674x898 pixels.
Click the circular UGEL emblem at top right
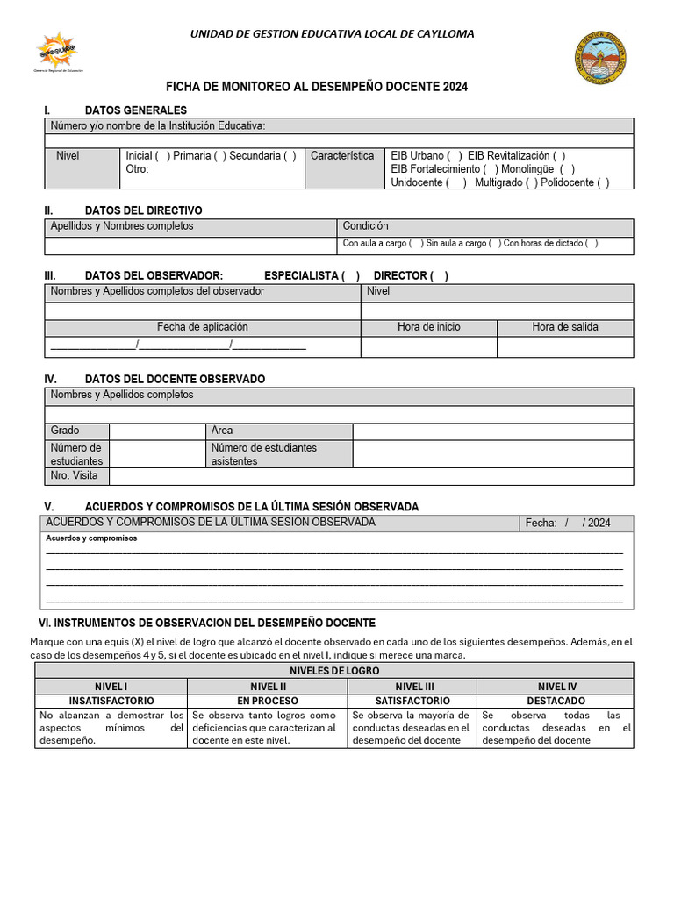pyautogui.click(x=601, y=57)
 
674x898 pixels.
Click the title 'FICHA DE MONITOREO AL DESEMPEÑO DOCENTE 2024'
pyautogui.click(x=317, y=87)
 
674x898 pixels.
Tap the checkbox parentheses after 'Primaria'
pyautogui.click(x=219, y=156)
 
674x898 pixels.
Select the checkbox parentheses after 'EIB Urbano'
pyautogui.click(x=455, y=156)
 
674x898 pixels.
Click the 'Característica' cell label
pyautogui.click(x=342, y=156)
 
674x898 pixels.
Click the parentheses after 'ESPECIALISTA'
pyautogui.click(x=351, y=276)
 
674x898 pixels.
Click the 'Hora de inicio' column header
pyautogui.click(x=428, y=327)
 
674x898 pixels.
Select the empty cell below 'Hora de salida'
pyautogui.click(x=564, y=346)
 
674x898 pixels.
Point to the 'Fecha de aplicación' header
pyautogui.click(x=202, y=327)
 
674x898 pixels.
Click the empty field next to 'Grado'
pyautogui.click(x=156, y=431)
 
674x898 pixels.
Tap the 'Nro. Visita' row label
pyautogui.click(x=75, y=476)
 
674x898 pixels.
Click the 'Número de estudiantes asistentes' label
pyautogui.click(x=264, y=454)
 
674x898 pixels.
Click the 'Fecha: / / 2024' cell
pyautogui.click(x=568, y=523)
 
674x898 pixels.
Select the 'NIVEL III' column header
pyautogui.click(x=412, y=687)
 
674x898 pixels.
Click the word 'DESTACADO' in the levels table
pyautogui.click(x=556, y=702)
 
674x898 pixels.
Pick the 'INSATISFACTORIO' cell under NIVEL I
pyautogui.click(x=111, y=702)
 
